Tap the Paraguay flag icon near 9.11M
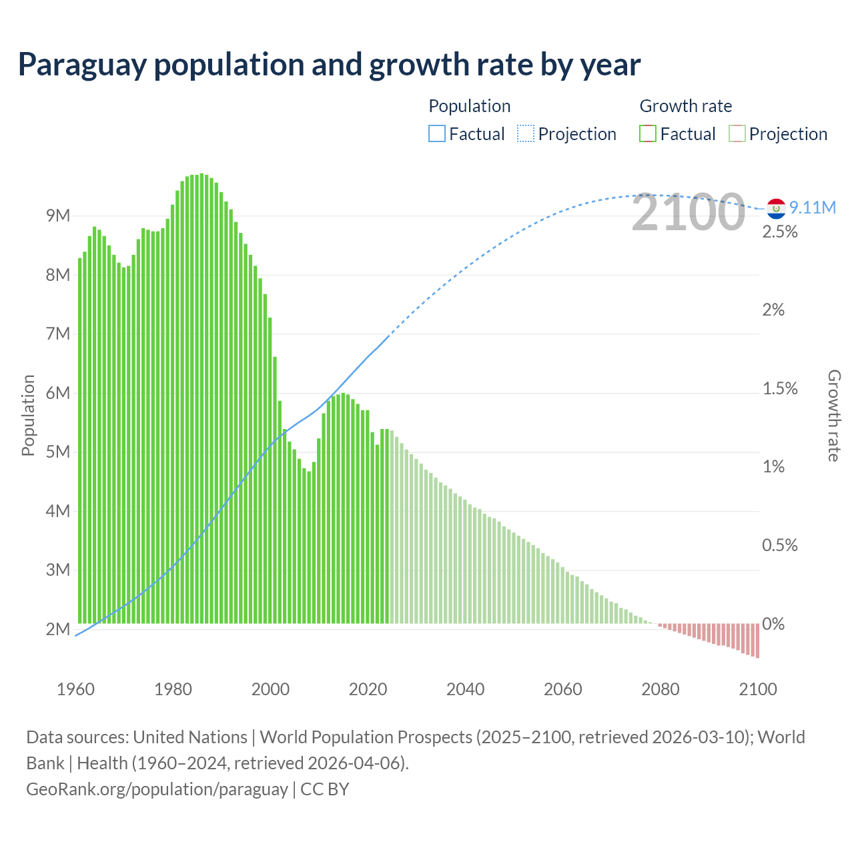tap(775, 208)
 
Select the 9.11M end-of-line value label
tap(813, 207)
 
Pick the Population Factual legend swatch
tap(436, 134)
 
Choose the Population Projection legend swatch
tap(526, 134)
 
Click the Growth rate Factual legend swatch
tap(648, 134)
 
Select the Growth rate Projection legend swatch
tap(737, 134)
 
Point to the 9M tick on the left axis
tap(58, 216)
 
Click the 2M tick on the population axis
tap(58, 629)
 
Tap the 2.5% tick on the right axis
tap(780, 232)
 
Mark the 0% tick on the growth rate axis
tap(773, 624)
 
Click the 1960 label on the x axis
tap(75, 689)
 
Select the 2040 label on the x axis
tap(465, 689)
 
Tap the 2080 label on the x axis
tap(660, 689)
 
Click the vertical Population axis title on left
tap(28, 415)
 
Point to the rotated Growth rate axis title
tap(833, 415)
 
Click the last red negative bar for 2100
tap(757, 640)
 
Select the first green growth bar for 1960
tap(80, 440)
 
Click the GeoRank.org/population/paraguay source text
tap(157, 789)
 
